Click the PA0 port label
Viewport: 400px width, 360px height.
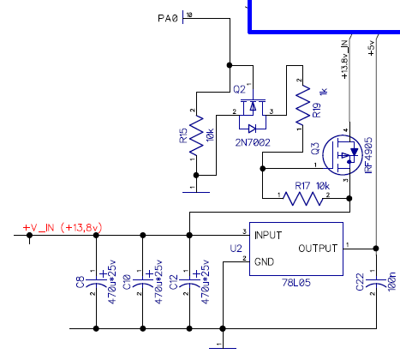point(168,19)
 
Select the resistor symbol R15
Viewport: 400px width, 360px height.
point(196,135)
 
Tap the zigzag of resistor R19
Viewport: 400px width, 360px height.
point(302,105)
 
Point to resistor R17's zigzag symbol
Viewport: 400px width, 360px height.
point(303,198)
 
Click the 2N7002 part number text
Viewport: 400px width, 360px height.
point(253,142)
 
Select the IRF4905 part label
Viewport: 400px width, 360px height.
point(368,155)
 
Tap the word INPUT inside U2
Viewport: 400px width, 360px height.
point(268,236)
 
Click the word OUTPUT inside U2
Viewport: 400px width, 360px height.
point(318,249)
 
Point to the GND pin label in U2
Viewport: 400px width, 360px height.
point(264,261)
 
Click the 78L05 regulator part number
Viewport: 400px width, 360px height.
point(296,283)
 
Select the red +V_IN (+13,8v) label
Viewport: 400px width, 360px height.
point(63,228)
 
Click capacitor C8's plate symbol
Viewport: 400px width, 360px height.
point(96,282)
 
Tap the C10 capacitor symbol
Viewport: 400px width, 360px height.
point(143,282)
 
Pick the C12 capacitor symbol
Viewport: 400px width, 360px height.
point(189,282)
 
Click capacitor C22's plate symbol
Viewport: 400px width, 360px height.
point(376,282)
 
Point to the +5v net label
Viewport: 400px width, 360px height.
point(371,48)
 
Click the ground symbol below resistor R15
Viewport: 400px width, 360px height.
point(196,192)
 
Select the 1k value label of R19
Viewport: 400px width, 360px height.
point(324,92)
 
